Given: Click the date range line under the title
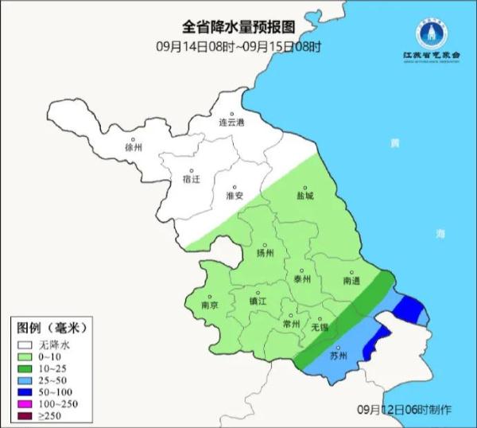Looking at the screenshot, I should pyautogui.click(x=239, y=46).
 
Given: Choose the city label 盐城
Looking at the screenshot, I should pyautogui.click(x=304, y=195).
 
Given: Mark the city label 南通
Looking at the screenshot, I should pyautogui.click(x=352, y=281).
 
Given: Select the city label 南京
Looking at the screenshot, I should pyautogui.click(x=210, y=305).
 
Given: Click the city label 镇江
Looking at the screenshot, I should pyautogui.click(x=259, y=302).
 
